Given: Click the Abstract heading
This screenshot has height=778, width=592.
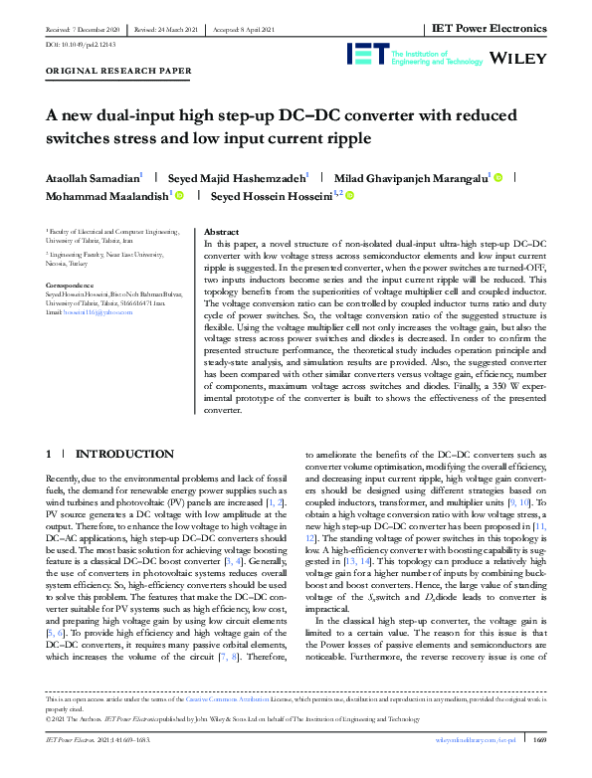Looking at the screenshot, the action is [221, 229].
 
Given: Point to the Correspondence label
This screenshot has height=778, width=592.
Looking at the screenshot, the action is [71, 286].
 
